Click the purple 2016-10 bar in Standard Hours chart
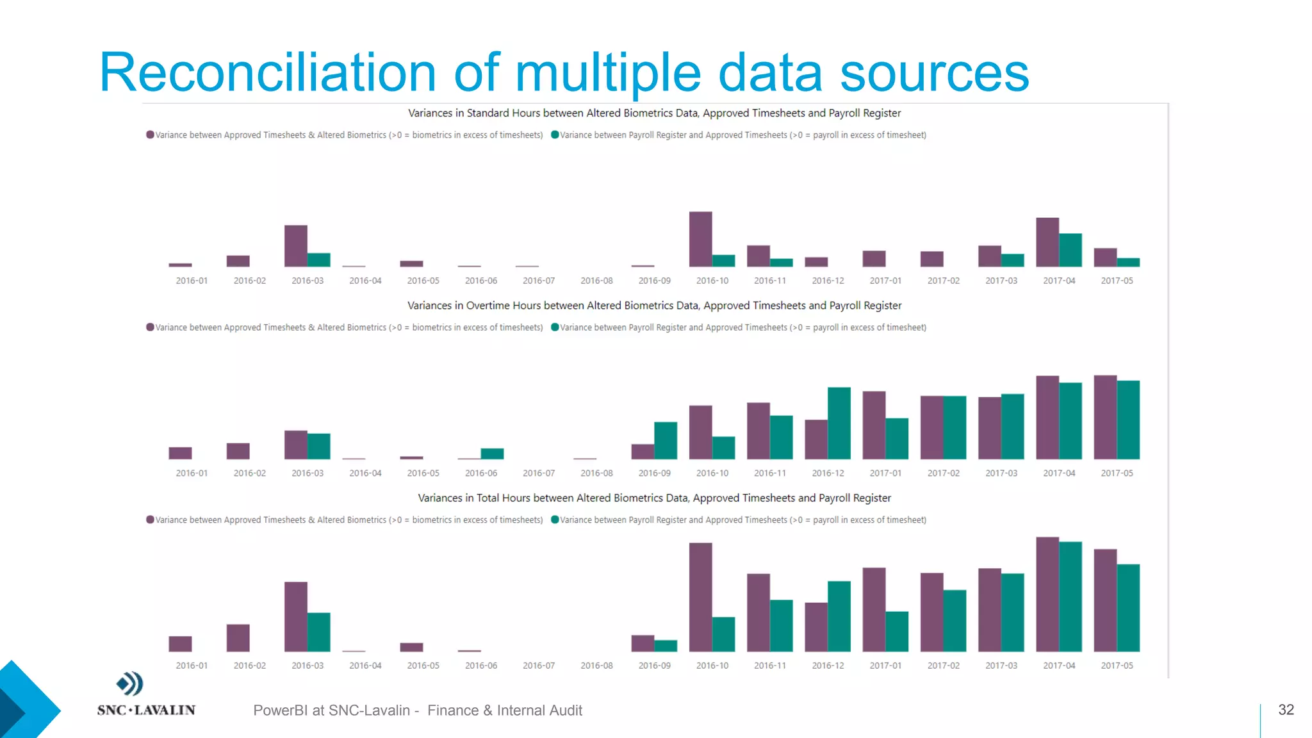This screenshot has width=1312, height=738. point(700,239)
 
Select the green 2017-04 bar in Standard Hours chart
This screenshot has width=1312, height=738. point(1070,250)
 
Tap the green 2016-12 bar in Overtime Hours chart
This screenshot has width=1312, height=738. point(839,423)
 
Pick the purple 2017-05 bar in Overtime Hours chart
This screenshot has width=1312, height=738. point(1105,417)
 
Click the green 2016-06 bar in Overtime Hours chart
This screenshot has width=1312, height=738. point(492,454)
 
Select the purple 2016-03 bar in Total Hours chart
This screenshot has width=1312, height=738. point(296,616)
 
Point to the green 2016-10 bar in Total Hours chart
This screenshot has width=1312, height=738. point(723,634)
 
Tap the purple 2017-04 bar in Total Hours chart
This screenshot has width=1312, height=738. point(1047,594)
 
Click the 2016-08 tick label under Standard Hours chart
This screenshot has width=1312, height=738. point(596,281)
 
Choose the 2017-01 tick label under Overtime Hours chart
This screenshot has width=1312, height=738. point(885,473)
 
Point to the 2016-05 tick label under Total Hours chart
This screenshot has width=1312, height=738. point(423,666)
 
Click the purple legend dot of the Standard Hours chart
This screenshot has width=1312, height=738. point(150,135)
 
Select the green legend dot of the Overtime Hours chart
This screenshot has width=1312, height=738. point(555,327)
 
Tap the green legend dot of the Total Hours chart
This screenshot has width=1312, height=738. point(555,520)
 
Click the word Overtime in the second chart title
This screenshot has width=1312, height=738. point(487,306)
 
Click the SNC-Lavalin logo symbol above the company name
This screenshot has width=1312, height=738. point(130,684)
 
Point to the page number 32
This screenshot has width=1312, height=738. point(1286,710)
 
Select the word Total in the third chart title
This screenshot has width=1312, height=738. point(488,498)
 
